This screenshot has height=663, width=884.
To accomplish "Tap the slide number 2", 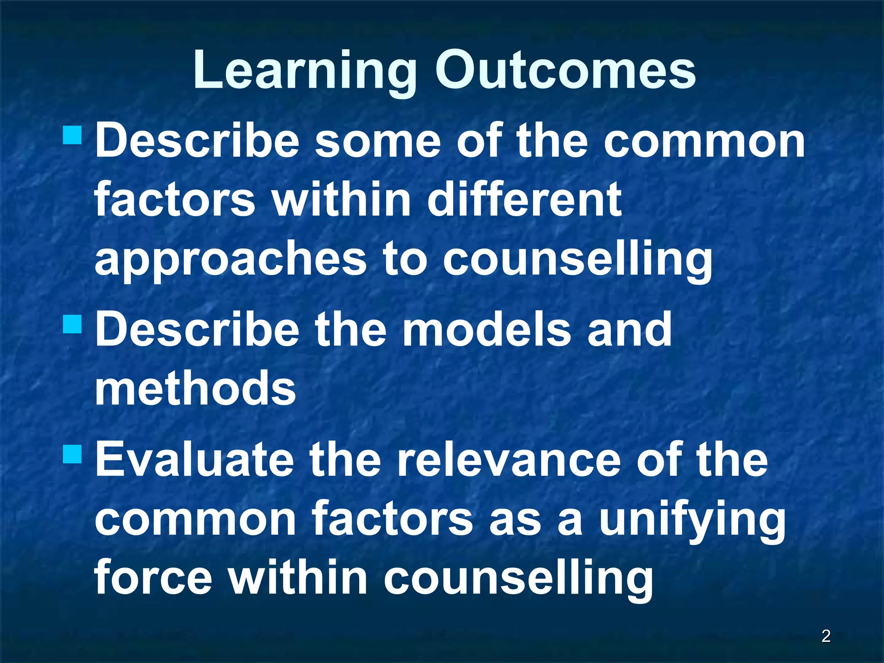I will tap(826, 636).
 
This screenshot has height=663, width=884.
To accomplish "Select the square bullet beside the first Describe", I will tap(72, 135).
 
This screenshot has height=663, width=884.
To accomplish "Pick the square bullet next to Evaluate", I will tap(72, 454).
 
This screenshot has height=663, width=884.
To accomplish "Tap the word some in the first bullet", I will tap(378, 141).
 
